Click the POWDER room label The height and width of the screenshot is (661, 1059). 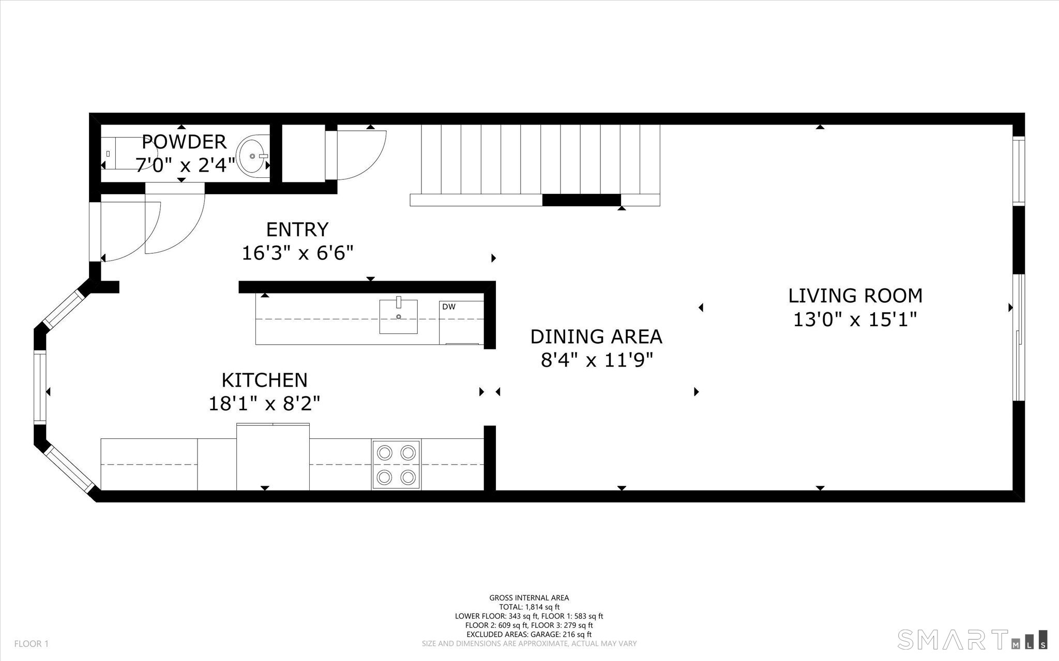pyautogui.click(x=184, y=142)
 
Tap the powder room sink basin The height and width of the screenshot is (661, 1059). pyautogui.click(x=252, y=155)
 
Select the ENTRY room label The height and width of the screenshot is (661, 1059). pyautogui.click(x=297, y=229)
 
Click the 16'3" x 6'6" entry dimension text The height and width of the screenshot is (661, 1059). pyautogui.click(x=298, y=253)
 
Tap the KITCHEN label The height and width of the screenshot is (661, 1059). pyautogui.click(x=264, y=380)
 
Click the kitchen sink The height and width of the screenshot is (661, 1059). pyautogui.click(x=399, y=316)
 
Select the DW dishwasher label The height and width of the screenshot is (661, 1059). pyautogui.click(x=449, y=307)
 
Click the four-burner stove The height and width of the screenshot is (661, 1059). pyautogui.click(x=396, y=464)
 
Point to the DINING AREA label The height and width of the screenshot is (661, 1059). pyautogui.click(x=596, y=336)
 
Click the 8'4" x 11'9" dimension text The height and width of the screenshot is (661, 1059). pyautogui.click(x=597, y=360)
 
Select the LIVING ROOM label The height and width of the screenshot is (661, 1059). pyautogui.click(x=855, y=296)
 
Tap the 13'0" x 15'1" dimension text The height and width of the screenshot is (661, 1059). pyautogui.click(x=855, y=319)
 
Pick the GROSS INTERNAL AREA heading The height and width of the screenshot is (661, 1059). pyautogui.click(x=529, y=598)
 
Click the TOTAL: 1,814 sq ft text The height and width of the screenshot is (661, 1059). pyautogui.click(x=529, y=607)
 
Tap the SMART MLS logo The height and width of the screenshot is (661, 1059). pyautogui.click(x=972, y=639)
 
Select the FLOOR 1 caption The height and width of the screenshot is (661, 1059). pyautogui.click(x=32, y=644)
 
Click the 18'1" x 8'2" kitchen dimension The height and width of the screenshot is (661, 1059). pyautogui.click(x=264, y=403)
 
